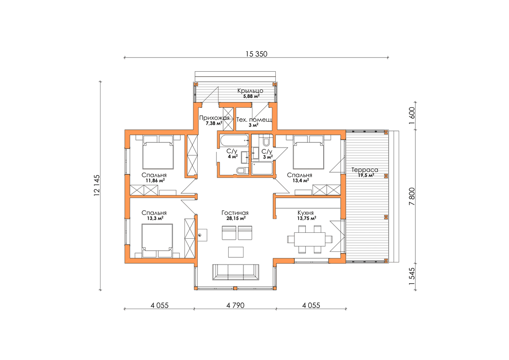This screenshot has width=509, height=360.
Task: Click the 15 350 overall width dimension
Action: coord(256,54)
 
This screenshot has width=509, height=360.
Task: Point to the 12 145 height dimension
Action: coord(97,185)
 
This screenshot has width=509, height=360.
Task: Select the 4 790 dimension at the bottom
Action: coord(235,305)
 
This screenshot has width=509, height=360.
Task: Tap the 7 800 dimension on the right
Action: coord(412,196)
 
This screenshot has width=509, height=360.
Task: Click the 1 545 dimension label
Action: coord(412,276)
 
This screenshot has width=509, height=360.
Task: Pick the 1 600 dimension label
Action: coord(412,116)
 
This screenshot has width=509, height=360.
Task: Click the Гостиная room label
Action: coord(235,213)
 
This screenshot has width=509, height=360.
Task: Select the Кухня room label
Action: coord(306,213)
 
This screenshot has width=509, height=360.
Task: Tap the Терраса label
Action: coord(365,170)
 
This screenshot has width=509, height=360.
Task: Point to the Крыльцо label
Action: coord(250,91)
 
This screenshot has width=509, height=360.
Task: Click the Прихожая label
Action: coord(214,118)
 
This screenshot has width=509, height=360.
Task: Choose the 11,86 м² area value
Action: coord(155,181)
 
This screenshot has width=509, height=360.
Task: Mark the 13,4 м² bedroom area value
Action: coord(300,181)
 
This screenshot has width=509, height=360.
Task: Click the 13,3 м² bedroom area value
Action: coord(155,218)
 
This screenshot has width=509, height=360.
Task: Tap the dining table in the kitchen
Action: coord(310,239)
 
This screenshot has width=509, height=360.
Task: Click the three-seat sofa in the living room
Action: coord(235,273)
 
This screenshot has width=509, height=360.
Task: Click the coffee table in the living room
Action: coord(236,252)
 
